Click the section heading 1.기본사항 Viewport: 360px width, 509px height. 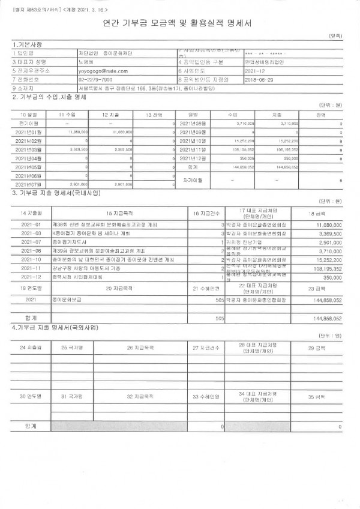(x=28, y=44)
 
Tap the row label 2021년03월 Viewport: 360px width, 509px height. (x=28, y=149)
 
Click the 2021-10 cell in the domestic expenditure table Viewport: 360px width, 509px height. (x=31, y=259)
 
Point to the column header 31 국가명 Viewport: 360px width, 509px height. (x=72, y=397)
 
